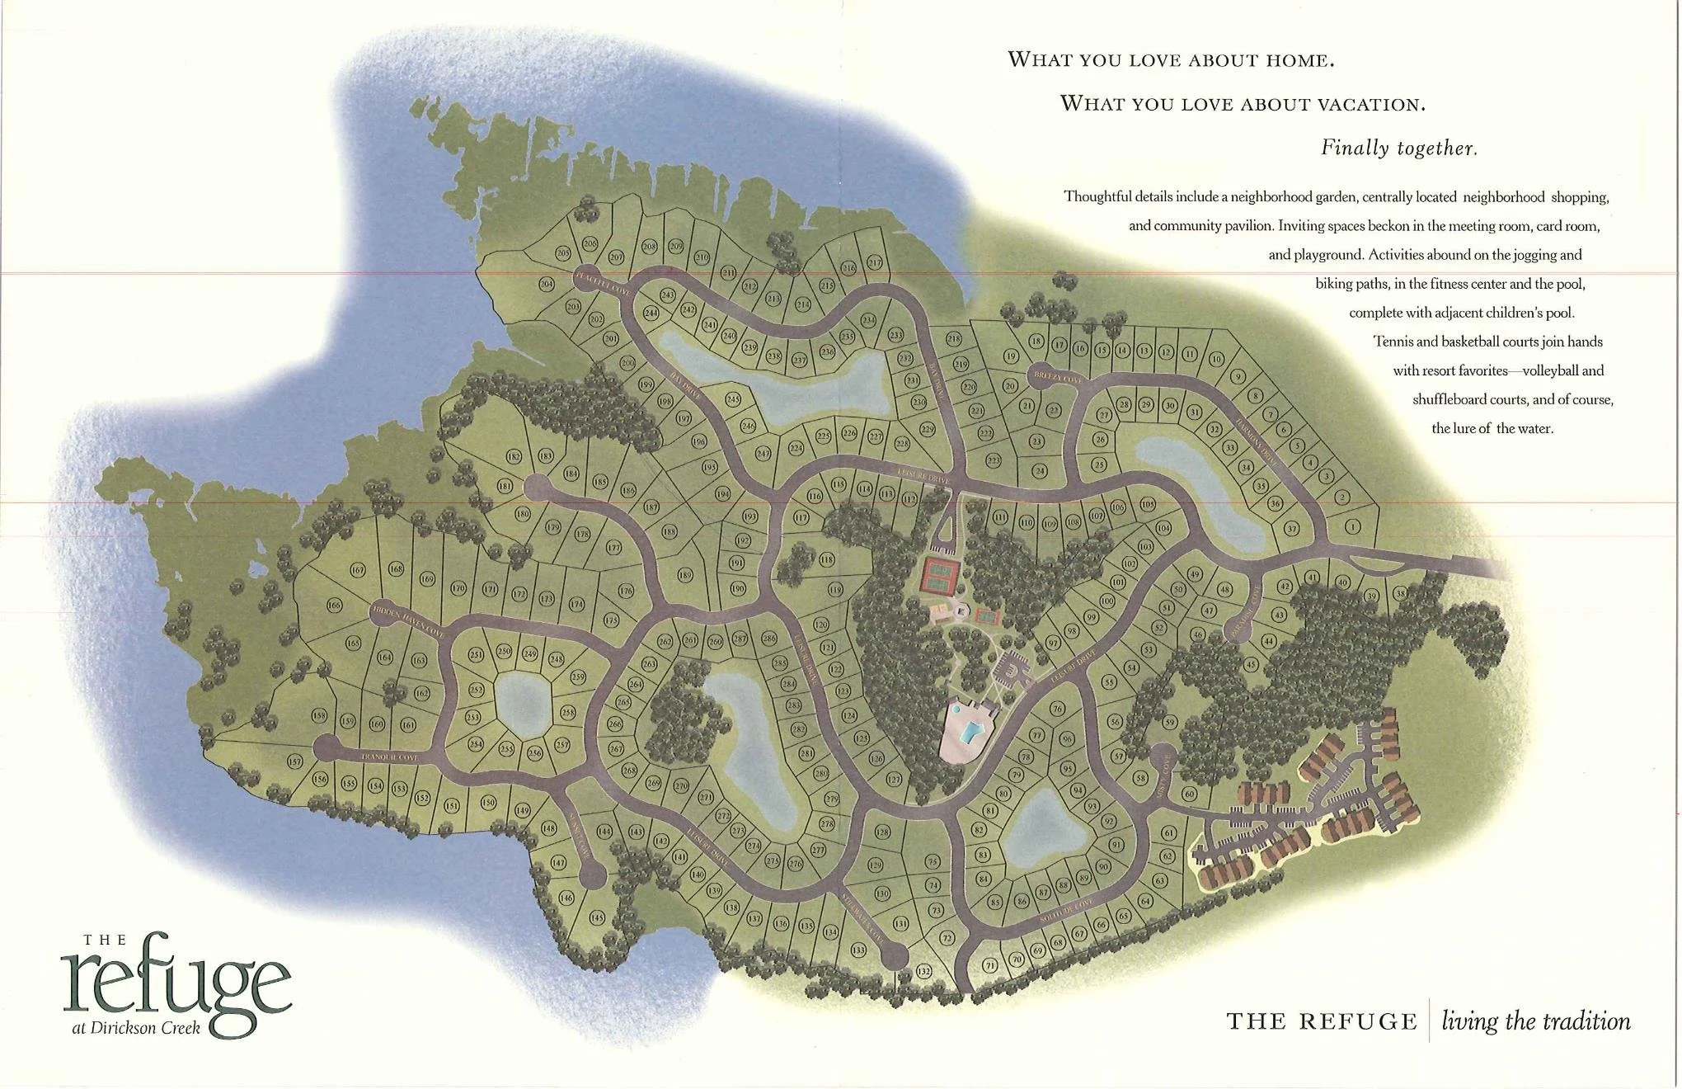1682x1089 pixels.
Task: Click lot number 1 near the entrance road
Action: click(1353, 526)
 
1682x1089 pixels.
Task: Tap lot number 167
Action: click(358, 570)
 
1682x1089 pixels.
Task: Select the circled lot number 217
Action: click(875, 262)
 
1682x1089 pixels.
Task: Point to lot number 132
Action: click(924, 971)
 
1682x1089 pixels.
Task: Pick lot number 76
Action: click(1057, 709)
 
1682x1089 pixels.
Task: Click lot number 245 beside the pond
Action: click(733, 399)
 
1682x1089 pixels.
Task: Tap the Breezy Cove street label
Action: click(1057, 378)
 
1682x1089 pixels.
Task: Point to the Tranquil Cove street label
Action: click(389, 757)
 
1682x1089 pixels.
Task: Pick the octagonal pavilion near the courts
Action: click(961, 610)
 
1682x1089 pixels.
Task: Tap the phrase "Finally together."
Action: click(1398, 148)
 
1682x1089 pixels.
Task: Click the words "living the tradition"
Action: click(1535, 1021)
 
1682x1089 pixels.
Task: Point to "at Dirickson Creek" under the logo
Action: click(135, 1028)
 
